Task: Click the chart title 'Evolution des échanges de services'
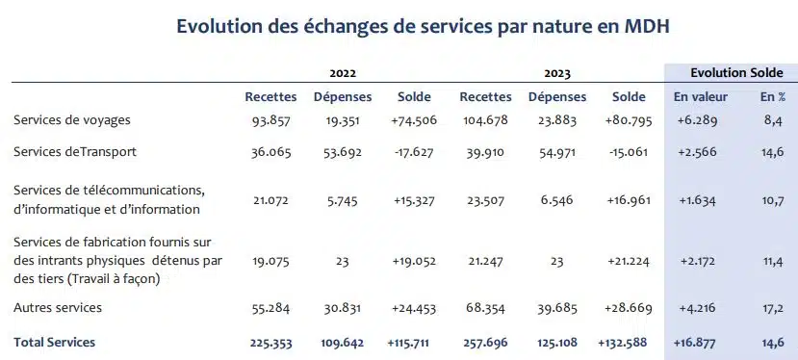[x=423, y=27]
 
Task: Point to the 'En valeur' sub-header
[x=700, y=97]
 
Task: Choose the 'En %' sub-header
[x=773, y=97]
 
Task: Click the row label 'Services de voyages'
[x=72, y=119]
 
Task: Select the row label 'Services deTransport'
[x=75, y=152]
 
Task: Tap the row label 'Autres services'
[x=58, y=308]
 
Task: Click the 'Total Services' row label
[x=54, y=342]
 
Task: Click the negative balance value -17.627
[x=414, y=152]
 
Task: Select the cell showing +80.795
[x=628, y=119]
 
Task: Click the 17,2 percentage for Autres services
[x=773, y=308]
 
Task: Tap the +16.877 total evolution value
[x=700, y=342]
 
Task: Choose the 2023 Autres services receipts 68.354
[x=486, y=308]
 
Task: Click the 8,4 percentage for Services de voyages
[x=773, y=119]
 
